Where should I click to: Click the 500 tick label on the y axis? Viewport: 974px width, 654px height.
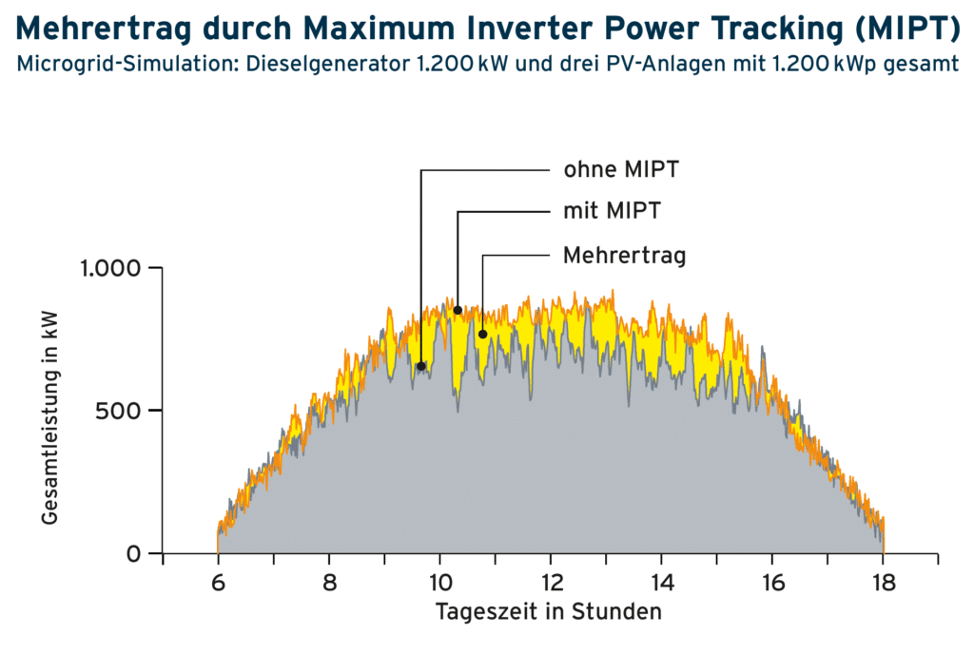(119, 411)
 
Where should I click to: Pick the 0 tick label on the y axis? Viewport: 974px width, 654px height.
(133, 553)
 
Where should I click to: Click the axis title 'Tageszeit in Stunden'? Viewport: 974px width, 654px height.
(548, 612)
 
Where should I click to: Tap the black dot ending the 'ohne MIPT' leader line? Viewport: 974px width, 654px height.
(420, 366)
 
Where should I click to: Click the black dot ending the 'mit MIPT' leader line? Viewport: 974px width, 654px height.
(458, 310)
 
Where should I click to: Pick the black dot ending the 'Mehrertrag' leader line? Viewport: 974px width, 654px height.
(482, 334)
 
